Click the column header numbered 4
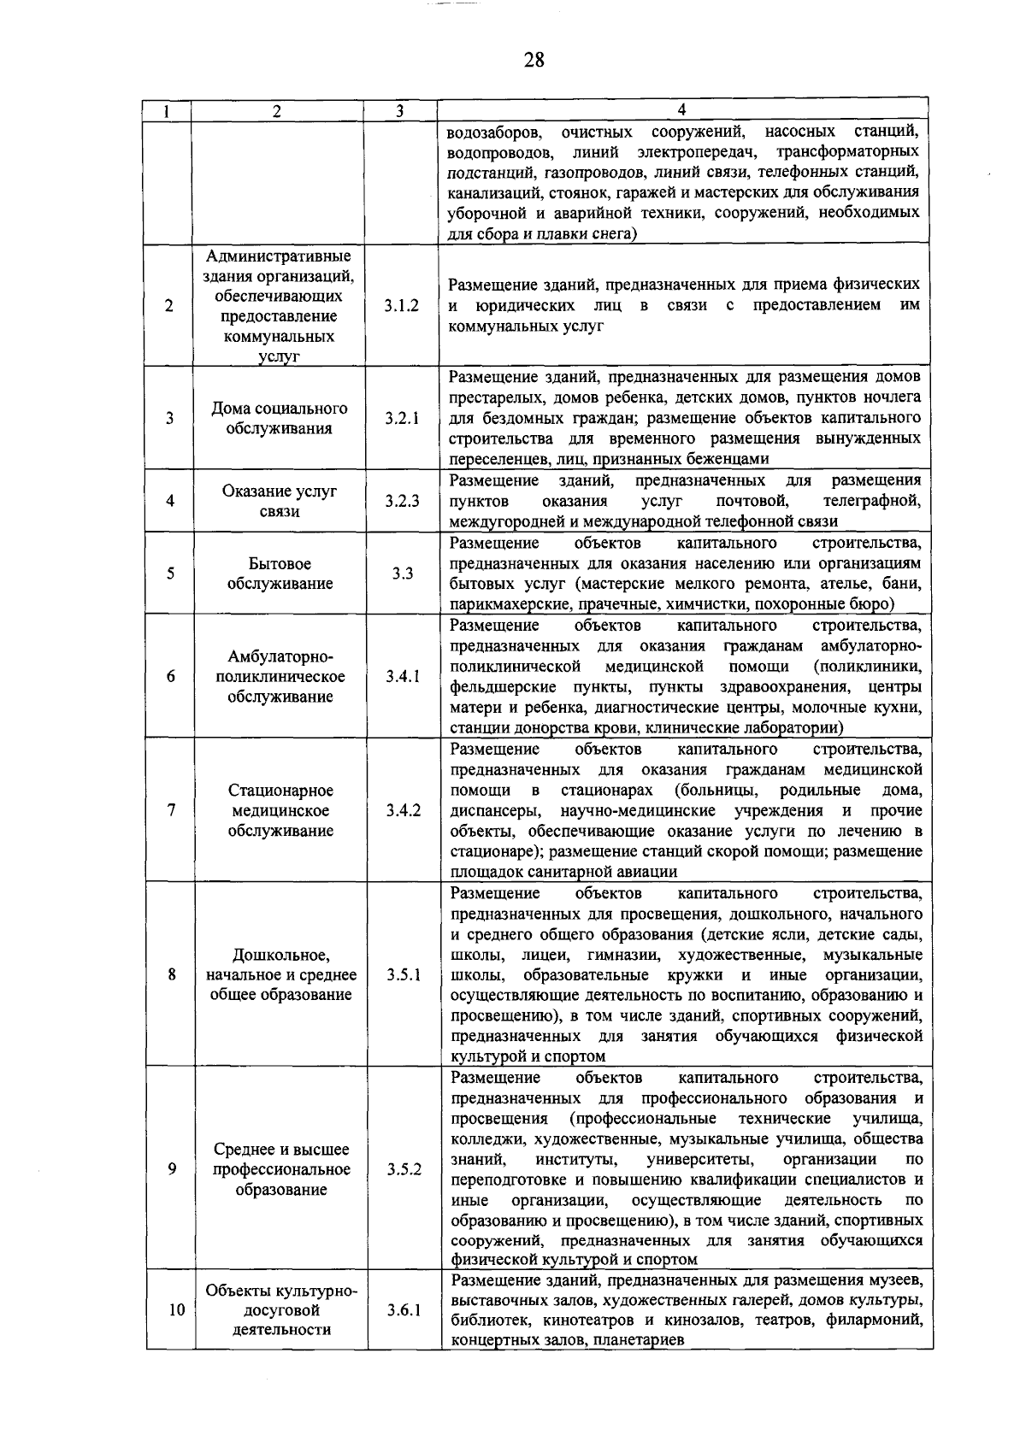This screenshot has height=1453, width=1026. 681,109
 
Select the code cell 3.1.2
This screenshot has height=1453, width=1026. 401,305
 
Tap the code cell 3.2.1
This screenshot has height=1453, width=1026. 401,418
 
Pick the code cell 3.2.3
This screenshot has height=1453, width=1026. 401,501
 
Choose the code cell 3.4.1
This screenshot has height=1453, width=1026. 402,676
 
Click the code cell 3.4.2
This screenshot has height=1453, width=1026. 402,810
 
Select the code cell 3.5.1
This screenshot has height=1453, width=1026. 402,974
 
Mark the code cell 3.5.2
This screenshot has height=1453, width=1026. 402,1169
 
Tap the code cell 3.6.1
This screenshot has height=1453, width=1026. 402,1309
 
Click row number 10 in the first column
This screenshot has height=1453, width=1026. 175,1309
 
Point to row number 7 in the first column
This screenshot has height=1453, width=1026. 172,810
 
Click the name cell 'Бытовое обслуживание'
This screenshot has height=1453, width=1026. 280,574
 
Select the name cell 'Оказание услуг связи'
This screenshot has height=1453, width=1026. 280,501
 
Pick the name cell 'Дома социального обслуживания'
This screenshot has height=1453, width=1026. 280,418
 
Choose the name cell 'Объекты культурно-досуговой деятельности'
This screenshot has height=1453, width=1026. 280,1309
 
